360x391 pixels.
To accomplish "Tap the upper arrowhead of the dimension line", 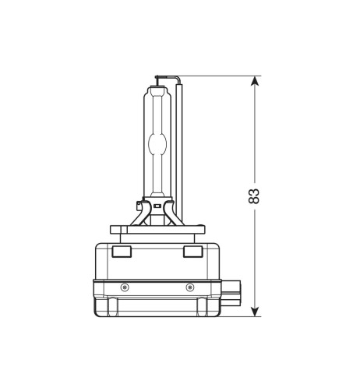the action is (x=255, y=81).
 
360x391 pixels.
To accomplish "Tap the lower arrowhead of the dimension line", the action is (x=255, y=312).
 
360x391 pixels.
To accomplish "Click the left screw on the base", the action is (x=125, y=287).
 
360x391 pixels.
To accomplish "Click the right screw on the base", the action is (x=190, y=287).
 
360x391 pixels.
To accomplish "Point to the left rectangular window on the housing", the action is (x=122, y=252).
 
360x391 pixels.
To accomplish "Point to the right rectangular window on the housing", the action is (x=193, y=252).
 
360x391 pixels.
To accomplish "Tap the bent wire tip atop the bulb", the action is (x=168, y=77).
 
